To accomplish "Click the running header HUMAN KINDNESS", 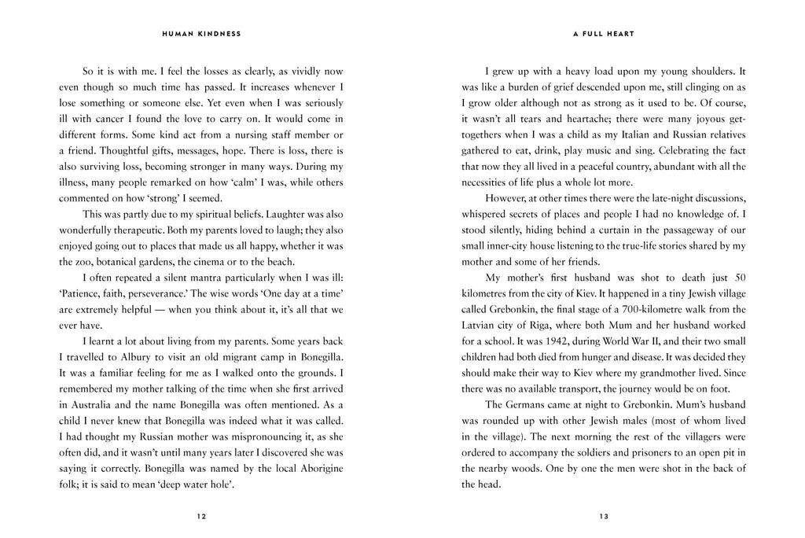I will [x=201, y=35].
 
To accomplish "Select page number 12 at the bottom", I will [x=201, y=516].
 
